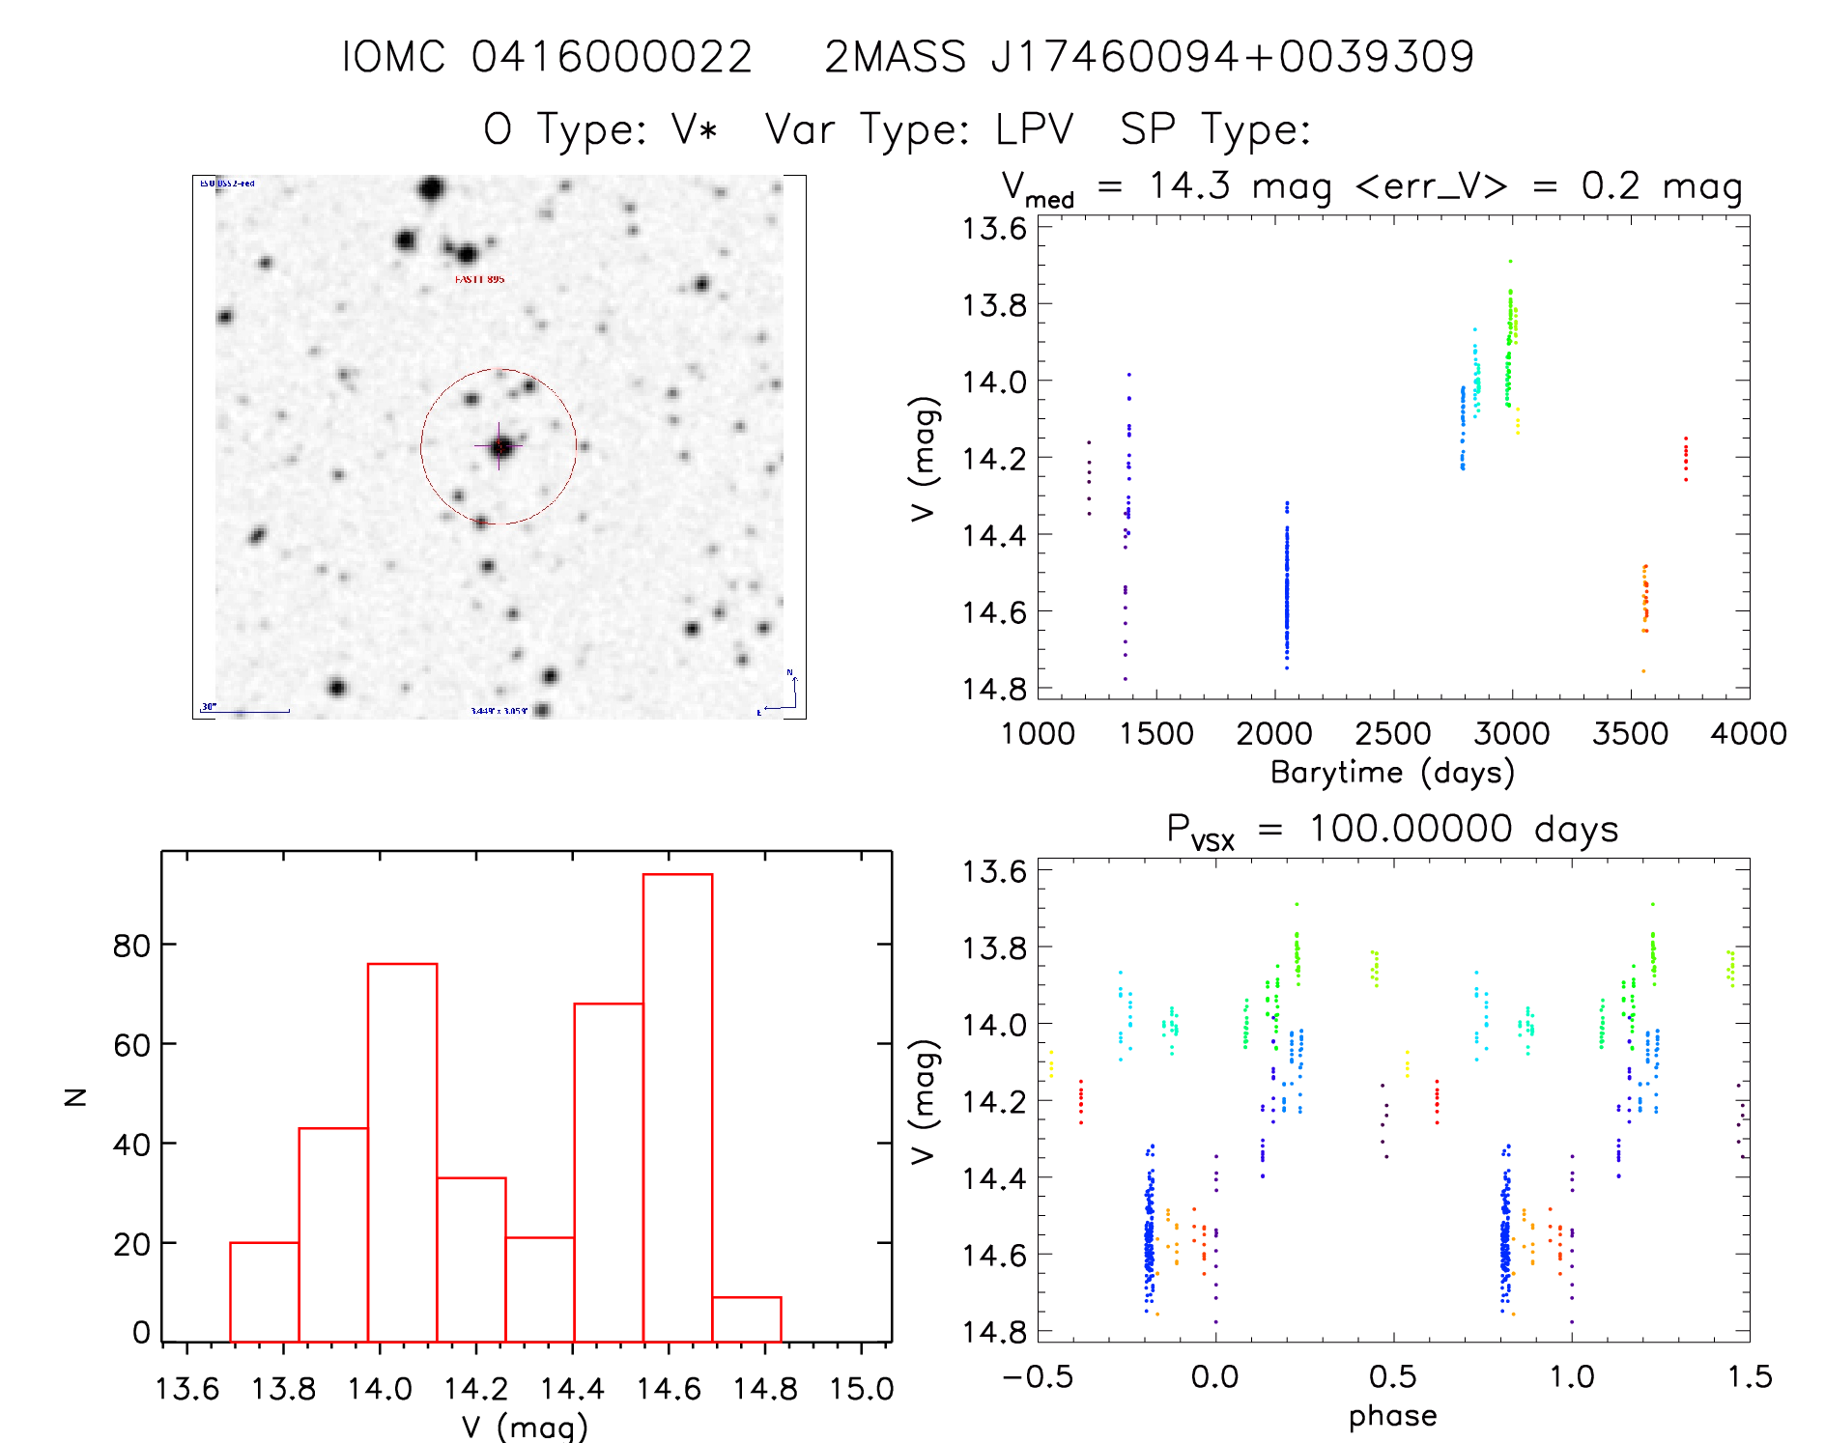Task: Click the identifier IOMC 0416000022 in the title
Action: point(547,57)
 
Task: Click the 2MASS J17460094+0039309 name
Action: point(1149,57)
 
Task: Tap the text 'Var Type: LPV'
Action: point(919,128)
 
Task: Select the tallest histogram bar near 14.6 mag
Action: point(677,1107)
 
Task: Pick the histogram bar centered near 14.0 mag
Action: point(402,1152)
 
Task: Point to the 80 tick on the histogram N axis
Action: point(131,945)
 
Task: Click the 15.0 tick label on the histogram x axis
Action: point(862,1389)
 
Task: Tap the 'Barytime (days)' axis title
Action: point(1392,773)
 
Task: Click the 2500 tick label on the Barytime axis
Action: point(1392,734)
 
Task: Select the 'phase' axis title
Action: point(1392,1416)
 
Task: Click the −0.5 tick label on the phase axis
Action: point(1038,1376)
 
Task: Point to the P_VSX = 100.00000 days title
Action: point(1392,830)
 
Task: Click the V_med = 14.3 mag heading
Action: point(1371,186)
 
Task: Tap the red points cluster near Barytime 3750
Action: point(1686,459)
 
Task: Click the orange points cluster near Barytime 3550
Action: point(1644,599)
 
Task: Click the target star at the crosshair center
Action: point(499,446)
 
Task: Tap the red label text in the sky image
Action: point(479,279)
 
